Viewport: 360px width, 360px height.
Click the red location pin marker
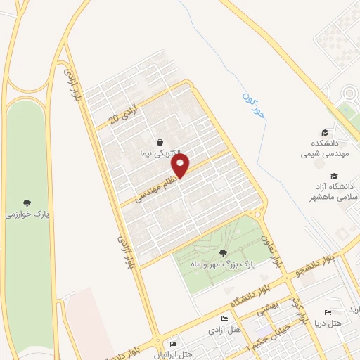tap(181, 166)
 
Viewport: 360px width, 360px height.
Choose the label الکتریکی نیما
tap(161, 153)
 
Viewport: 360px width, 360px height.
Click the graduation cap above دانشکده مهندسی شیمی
tap(324, 133)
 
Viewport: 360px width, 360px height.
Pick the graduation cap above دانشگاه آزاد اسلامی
tap(334, 176)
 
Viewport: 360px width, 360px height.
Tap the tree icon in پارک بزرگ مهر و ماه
tap(223, 252)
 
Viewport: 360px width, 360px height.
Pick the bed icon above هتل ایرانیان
tap(174, 344)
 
